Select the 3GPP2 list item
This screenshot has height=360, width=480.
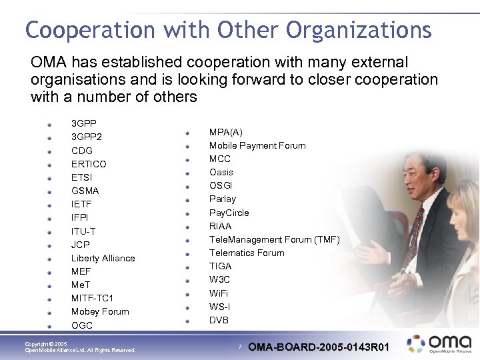87,137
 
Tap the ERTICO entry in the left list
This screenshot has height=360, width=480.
89,164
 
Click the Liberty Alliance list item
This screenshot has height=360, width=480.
103,258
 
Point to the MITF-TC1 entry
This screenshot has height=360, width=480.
92,298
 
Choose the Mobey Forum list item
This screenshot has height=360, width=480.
100,311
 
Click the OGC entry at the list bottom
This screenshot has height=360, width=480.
82,325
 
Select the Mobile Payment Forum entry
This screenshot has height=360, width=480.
257,145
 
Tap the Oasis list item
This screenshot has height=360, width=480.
221,172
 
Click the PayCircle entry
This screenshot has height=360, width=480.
229,213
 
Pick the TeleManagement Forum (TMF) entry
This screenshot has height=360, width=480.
274,239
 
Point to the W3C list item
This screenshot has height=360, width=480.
220,279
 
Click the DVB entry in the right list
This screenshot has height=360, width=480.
219,320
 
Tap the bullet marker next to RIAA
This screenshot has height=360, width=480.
188,226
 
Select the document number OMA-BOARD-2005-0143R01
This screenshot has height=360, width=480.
318,347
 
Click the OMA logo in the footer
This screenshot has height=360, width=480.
439,343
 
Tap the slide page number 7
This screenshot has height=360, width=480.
240,347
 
